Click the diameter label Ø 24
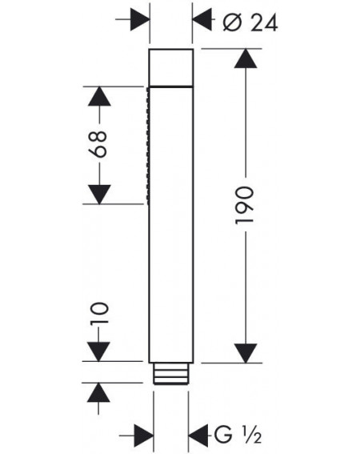click(250, 23)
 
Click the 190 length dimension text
click(245, 206)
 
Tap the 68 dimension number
click(98, 144)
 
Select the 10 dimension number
click(99, 314)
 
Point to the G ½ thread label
click(238, 434)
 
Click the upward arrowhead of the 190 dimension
click(246, 58)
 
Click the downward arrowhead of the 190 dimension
click(246, 353)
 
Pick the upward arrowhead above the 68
click(99, 96)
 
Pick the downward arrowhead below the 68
click(99, 195)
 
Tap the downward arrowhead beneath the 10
click(98, 352)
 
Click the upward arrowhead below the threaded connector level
click(98, 392)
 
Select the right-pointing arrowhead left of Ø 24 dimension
click(140, 19)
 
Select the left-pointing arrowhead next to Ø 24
click(202, 19)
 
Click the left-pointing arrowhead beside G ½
click(198, 435)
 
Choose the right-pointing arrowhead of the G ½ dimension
click(144, 435)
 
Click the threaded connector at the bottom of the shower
click(171, 373)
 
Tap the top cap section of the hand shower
click(171, 68)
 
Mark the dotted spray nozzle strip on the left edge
click(148, 147)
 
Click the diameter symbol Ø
click(232, 22)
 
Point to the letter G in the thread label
click(223, 435)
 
